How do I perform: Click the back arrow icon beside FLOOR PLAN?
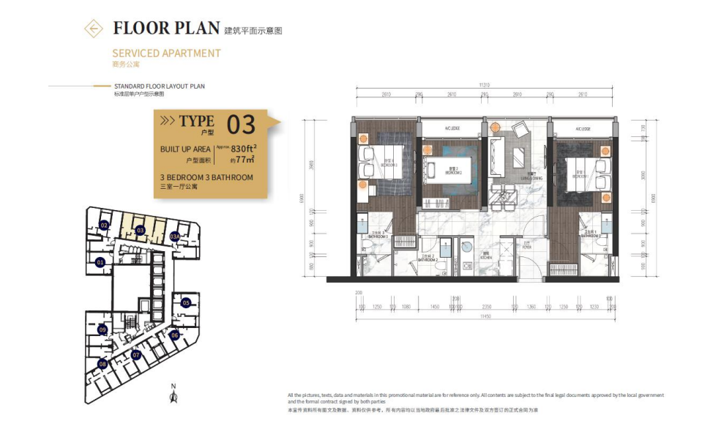(94, 29)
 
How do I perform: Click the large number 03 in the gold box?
(241, 125)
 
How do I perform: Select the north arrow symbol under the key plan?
(173, 395)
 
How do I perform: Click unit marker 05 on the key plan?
(186, 302)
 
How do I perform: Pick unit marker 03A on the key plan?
(174, 236)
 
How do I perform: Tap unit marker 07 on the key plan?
(136, 355)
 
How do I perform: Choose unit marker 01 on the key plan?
(100, 261)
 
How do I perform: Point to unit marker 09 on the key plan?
(102, 330)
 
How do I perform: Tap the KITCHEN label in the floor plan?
(485, 258)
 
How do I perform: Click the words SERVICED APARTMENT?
(166, 53)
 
